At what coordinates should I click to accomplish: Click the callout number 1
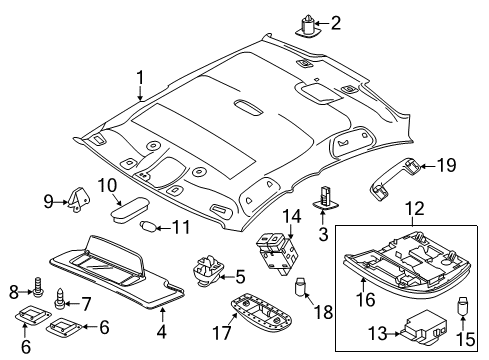coord(140,77)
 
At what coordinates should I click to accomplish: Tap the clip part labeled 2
coord(307,26)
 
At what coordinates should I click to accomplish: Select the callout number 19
coord(446,165)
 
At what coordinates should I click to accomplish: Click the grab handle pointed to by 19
coord(394,179)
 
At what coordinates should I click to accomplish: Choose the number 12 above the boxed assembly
coord(415,209)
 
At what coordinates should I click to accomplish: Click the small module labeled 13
coord(423,327)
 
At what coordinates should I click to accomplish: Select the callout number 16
coord(366,299)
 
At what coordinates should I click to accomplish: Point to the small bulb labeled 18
coord(301,286)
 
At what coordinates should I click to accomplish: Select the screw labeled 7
coord(60,299)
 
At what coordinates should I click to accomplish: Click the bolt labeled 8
coord(38,286)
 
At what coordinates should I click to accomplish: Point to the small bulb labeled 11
coord(148,227)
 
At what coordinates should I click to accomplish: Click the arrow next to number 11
coord(163,228)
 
